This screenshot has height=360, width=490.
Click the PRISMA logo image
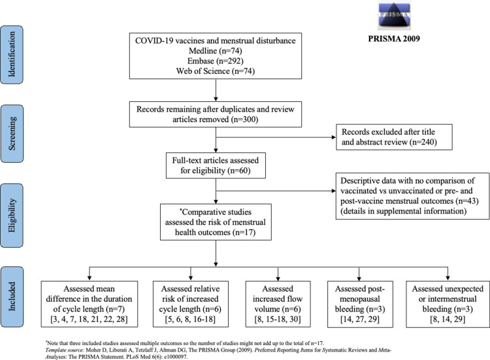[394, 16]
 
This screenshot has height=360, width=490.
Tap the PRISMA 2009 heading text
[394, 39]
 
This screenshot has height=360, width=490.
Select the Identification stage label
[12, 55]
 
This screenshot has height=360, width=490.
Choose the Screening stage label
[12, 133]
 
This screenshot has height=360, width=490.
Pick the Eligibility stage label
[12, 216]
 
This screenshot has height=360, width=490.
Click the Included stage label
[12, 297]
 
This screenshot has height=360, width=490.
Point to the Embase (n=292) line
[216, 61]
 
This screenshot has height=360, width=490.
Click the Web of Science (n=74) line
[216, 71]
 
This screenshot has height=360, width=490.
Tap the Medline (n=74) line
[216, 50]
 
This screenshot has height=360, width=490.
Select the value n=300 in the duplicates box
[245, 120]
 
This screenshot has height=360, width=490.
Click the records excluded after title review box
[394, 137]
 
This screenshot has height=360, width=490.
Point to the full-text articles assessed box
[216, 165]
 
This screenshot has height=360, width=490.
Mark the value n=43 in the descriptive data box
[467, 201]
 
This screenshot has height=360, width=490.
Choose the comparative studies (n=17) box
[216, 222]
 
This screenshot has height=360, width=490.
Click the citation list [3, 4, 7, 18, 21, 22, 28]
[89, 319]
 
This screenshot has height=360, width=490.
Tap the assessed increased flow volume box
[278, 304]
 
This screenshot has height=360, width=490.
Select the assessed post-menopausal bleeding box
[360, 304]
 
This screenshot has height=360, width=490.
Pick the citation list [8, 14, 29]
[448, 319]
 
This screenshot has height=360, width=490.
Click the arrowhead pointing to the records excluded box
[334, 137]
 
